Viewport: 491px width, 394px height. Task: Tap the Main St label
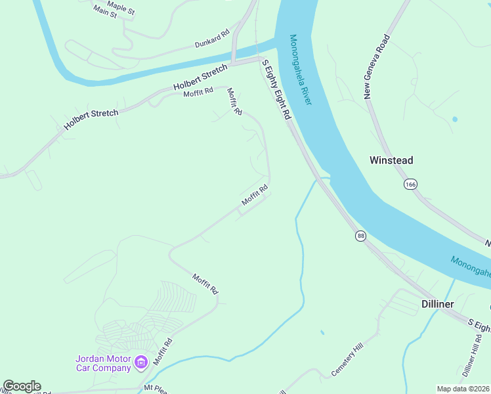pos(105,11)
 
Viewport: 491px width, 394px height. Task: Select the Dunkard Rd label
pos(212,39)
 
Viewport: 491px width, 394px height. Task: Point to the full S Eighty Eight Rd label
pos(276,89)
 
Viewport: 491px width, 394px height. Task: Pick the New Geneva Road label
pos(377,67)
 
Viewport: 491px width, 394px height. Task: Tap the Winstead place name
pos(391,160)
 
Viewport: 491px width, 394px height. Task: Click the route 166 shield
pos(411,185)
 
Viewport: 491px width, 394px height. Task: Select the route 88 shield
pos(360,236)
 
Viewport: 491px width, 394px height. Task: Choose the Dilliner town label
pos(437,304)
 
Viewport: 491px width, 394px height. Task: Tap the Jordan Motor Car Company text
pos(103,363)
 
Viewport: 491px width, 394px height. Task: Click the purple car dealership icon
pos(140,362)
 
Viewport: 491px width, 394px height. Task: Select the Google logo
pos(22,386)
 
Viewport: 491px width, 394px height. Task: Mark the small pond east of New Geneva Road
pos(454,120)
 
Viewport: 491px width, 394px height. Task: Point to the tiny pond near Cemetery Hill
pos(322,332)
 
